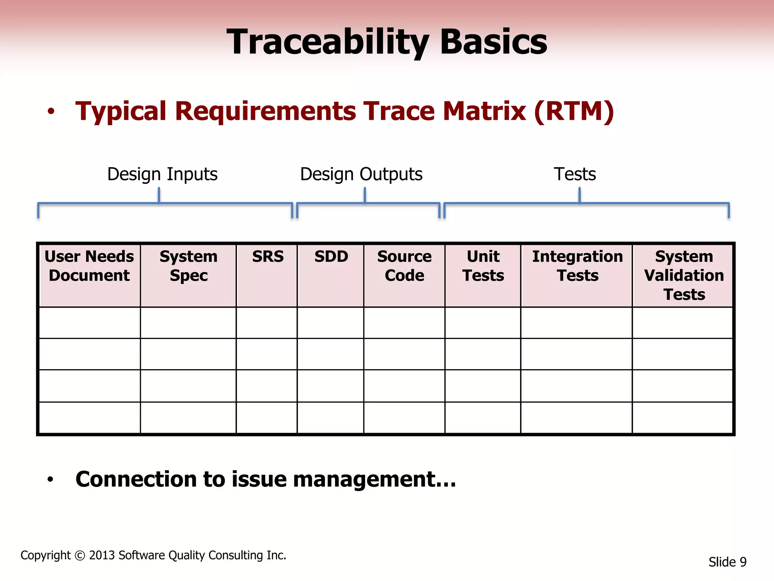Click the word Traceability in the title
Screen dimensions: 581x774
tap(327, 42)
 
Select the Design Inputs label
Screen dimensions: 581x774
tap(162, 174)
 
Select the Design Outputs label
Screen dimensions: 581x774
tap(361, 174)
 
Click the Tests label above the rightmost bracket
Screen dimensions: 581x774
tap(574, 174)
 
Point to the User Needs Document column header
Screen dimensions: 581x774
tap(89, 266)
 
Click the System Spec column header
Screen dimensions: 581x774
tap(189, 266)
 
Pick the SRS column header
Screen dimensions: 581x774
tap(268, 257)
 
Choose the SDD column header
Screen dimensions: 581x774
tap(331, 257)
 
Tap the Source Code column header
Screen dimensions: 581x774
tap(404, 266)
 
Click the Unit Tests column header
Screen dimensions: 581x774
tap(483, 266)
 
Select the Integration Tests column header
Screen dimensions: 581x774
tap(577, 266)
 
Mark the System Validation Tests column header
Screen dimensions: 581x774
tap(684, 275)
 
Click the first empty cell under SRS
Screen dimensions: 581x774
tap(267, 323)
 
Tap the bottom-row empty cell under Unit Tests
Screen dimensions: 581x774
tap(483, 418)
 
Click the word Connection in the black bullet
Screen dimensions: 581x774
tap(136, 479)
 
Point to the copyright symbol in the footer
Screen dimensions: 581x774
tap(80, 556)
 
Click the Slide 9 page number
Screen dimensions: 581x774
tap(727, 562)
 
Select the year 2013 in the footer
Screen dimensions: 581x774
tap(102, 555)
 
